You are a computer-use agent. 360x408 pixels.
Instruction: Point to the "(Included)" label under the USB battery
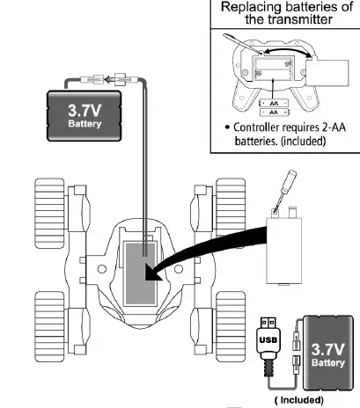click(x=301, y=398)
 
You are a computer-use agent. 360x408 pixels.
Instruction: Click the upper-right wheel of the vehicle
click(x=231, y=211)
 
